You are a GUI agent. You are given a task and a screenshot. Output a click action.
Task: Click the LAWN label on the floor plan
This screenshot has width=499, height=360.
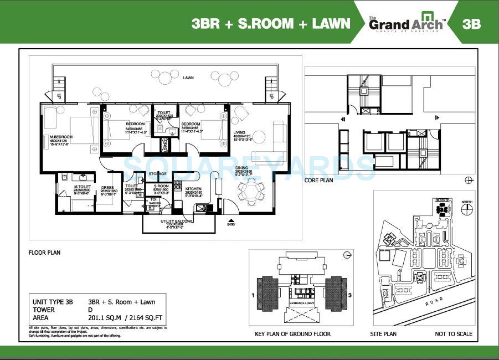(x=189, y=78)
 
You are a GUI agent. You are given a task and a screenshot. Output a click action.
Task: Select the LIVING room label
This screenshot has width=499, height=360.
(x=240, y=132)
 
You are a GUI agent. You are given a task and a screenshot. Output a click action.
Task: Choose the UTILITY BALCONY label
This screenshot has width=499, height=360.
(x=178, y=221)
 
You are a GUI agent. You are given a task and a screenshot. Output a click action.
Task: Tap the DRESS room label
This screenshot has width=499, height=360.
(x=108, y=188)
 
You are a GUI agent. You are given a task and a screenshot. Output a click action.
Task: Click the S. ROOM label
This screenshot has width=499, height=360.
(x=162, y=186)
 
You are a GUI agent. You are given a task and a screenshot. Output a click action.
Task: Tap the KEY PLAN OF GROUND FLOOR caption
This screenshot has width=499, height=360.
(x=292, y=334)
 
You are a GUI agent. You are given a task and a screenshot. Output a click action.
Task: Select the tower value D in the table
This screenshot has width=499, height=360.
(x=90, y=310)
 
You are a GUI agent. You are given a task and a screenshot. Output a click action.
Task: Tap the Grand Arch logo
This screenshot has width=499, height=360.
(x=405, y=23)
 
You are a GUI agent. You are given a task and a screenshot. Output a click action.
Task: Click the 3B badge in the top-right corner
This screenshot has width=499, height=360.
(x=471, y=24)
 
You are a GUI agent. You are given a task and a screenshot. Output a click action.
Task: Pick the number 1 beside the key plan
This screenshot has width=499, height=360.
(x=253, y=295)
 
